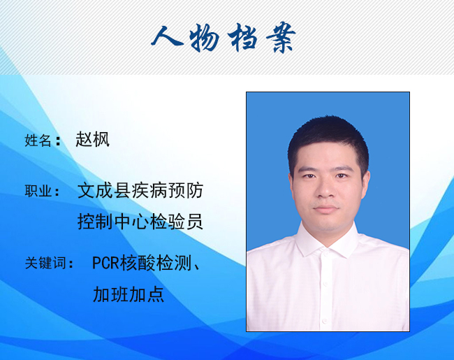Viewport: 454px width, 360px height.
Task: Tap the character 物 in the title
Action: coord(205,37)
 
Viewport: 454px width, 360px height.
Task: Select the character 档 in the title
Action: coord(242,37)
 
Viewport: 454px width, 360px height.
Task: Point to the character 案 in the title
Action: coord(281,37)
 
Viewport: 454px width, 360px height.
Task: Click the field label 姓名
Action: coord(38,141)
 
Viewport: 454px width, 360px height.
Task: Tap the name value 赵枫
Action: coord(93,139)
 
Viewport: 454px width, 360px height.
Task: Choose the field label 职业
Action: coord(38,192)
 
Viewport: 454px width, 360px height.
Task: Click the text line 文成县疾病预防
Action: coord(140,190)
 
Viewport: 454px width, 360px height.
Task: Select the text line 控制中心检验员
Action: coord(140,222)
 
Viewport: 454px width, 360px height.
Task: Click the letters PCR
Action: coord(105,263)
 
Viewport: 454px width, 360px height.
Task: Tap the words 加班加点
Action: coord(129,294)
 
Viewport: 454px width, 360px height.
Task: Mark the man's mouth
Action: coord(326,208)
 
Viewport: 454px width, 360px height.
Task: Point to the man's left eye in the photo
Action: coord(342,175)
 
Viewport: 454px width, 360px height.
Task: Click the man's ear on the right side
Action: coord(365,185)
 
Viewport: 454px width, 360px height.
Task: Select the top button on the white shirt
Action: coord(327,254)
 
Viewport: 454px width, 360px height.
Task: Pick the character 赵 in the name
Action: coord(84,139)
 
